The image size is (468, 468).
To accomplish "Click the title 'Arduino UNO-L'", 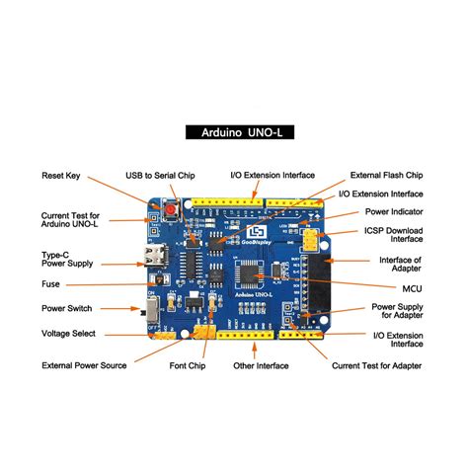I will (x=233, y=131).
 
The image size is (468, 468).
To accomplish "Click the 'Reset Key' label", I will (x=60, y=176).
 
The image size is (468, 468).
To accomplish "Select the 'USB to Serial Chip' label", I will (x=160, y=176).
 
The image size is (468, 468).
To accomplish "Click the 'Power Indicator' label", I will (x=395, y=211).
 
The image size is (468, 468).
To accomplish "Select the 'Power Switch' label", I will (x=66, y=308).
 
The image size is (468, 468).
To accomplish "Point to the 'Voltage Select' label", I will (x=69, y=334).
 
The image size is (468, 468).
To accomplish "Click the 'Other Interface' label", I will (x=259, y=365).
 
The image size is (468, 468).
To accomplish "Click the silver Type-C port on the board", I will (x=156, y=264).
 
